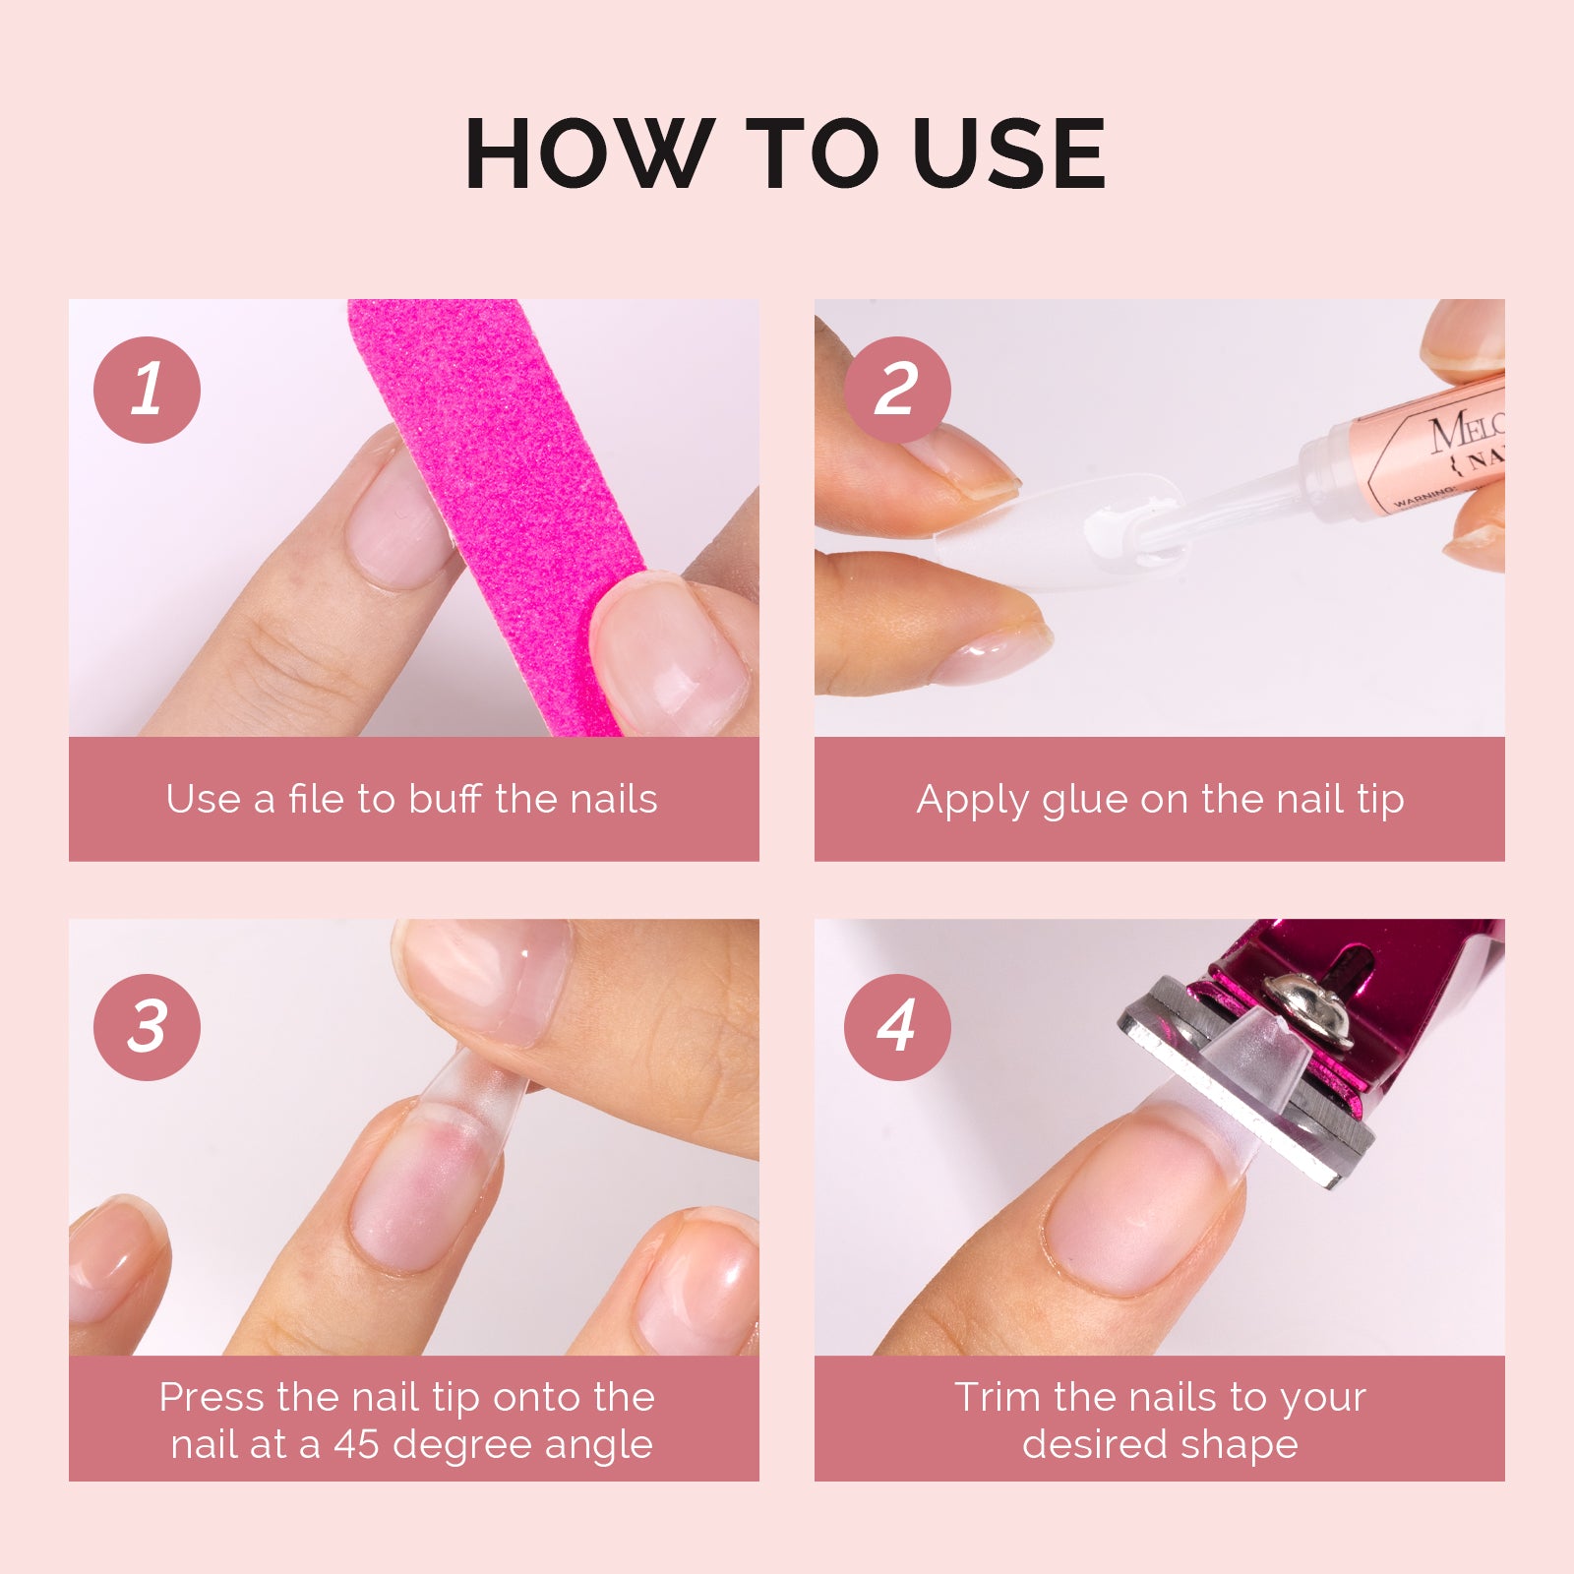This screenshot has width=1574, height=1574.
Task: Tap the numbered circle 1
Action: click(147, 390)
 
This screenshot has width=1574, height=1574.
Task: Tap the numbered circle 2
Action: click(896, 390)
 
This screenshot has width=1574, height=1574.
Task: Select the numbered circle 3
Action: click(147, 1027)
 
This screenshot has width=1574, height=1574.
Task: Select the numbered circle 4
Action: click(896, 1027)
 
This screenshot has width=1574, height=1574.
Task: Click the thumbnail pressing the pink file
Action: click(669, 654)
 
